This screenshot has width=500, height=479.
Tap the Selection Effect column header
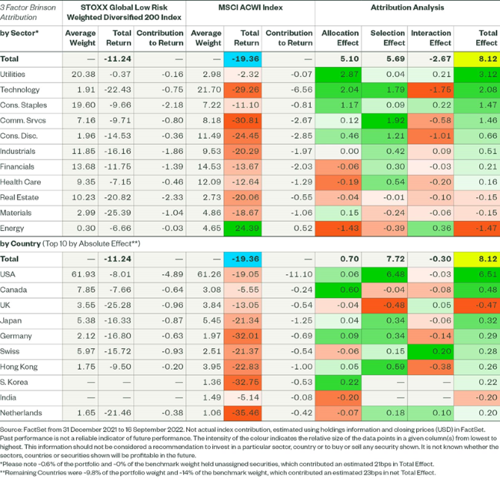387,39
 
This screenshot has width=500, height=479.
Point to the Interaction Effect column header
430,39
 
